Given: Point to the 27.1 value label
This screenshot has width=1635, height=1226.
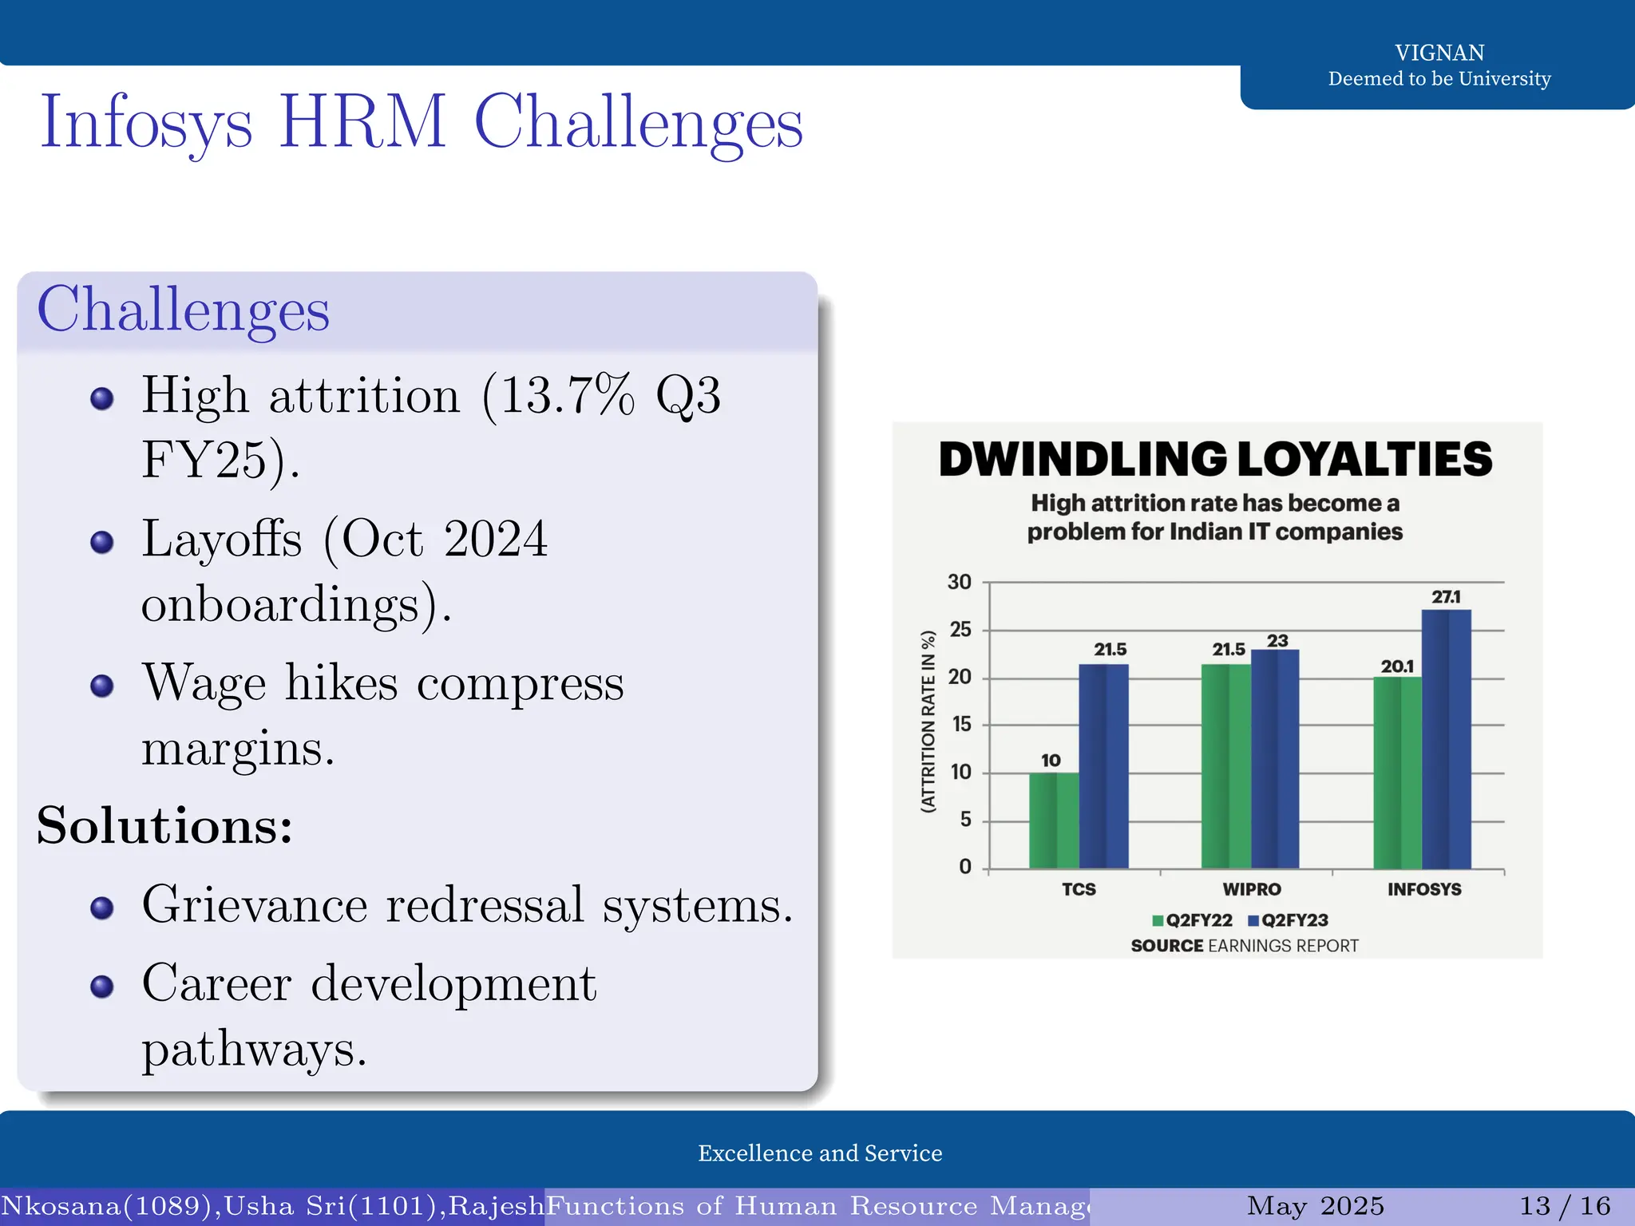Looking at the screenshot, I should click(x=1446, y=597).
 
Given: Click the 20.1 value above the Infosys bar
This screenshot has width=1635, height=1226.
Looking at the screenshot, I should click(x=1397, y=666).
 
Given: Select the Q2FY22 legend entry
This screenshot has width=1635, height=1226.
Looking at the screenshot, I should click(x=1193, y=920).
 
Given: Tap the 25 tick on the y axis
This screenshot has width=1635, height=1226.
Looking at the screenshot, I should click(x=960, y=630).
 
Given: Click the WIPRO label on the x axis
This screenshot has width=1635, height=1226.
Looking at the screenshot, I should click(x=1251, y=889).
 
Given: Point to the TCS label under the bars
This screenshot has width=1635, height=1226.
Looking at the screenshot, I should click(x=1079, y=889).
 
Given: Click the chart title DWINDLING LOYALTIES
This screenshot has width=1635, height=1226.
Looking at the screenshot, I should click(x=1215, y=460).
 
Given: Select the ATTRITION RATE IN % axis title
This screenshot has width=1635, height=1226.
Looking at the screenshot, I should click(x=928, y=722).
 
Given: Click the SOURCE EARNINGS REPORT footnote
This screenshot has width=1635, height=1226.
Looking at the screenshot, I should click(x=1244, y=946).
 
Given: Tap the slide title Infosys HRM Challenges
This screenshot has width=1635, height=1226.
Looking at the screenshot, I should click(x=422, y=122).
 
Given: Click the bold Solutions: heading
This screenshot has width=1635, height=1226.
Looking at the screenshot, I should click(x=164, y=825).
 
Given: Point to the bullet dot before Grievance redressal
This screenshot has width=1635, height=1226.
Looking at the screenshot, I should click(x=102, y=908).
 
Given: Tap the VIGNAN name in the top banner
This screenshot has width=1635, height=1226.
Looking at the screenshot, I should click(x=1439, y=53).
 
